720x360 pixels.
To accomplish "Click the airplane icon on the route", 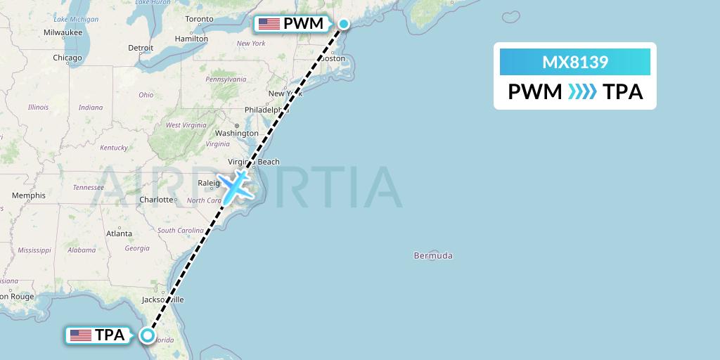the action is coord(234,185).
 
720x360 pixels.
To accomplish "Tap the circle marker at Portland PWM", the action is coord(344,24).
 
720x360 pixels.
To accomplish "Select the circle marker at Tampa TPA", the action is coord(147,335).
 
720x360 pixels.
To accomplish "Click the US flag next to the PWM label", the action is coord(269,24).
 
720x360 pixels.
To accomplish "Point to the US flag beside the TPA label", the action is coord(81,335).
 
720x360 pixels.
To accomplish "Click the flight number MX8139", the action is coord(574,63).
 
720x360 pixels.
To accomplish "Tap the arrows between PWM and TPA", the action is coord(582,91).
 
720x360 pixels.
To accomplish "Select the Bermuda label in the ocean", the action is coord(433,256).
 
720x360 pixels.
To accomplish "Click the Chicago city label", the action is coord(67,58).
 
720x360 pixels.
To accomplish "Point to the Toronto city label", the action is coord(199,18).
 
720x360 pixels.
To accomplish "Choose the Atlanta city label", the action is coord(119,233).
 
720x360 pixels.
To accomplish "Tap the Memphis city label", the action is coord(29,195).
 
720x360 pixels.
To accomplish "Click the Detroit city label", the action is coord(141,48).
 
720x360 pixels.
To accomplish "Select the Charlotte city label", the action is coord(156,200).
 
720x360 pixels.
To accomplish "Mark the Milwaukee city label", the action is coord(63,32).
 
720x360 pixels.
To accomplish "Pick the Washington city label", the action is coord(237,133).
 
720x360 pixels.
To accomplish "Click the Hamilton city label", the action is coord(191,38).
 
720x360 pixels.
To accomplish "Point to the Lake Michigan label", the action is coord(76,19).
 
